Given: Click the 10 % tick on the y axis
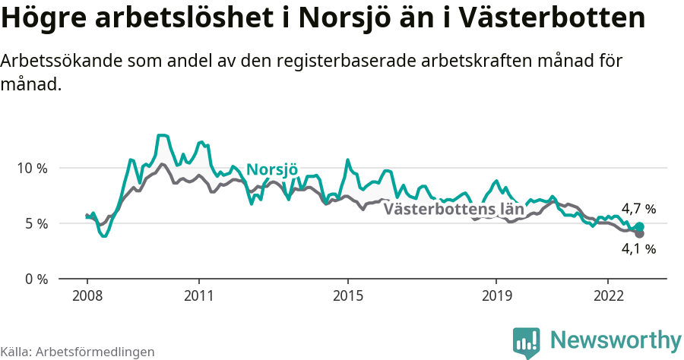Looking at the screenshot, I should coord(30,168).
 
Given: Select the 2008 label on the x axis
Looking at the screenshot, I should coord(87,295).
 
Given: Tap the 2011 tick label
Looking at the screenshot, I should coord(198,295).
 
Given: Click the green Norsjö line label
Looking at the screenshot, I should coord(272,169).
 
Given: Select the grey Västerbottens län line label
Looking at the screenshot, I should coord(454,209).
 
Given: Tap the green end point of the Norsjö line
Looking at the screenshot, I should coord(639,227).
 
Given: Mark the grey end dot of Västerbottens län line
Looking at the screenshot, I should coord(639,234).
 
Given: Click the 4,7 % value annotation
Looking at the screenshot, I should coord(638,209).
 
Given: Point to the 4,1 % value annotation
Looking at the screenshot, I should coord(638,248).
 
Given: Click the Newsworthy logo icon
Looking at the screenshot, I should coord(526,343).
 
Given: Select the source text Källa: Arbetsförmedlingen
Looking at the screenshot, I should coord(78,352).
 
